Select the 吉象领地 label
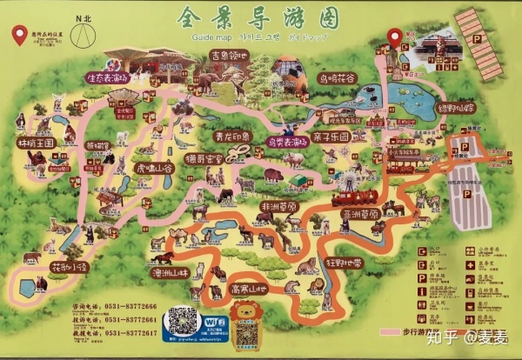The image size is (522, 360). click(229, 57)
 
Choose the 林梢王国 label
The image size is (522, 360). click(37, 142)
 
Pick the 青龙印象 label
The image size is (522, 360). click(230, 137)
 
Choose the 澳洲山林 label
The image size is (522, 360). click(170, 272)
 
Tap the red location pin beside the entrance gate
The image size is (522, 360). click(395, 37)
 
